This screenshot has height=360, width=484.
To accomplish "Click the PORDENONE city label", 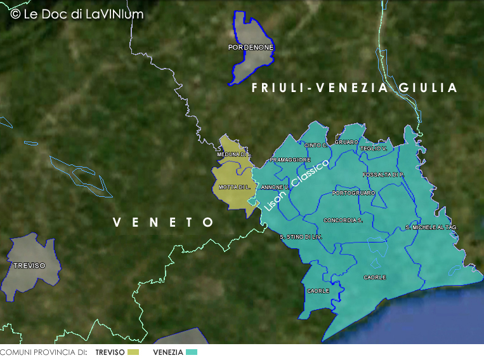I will pos(251,48).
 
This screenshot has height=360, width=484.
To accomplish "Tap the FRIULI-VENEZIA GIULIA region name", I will pos(354,88).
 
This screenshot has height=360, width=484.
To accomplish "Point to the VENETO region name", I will pos(164,222).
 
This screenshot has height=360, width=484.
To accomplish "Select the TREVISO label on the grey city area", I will pos(29,265).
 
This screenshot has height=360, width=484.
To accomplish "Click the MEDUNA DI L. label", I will pos(234,154).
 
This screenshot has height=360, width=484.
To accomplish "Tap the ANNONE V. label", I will pos(275,187).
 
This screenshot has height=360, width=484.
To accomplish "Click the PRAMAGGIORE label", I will pos(290,160).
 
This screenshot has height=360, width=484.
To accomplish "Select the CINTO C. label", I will pos(315,145).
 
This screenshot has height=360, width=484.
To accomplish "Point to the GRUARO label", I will pos(346,142).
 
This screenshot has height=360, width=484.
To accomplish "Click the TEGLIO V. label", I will pos(373,149).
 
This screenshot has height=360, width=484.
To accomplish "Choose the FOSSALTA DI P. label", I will pos(383,174).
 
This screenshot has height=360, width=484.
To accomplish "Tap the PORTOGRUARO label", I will pos(353,192).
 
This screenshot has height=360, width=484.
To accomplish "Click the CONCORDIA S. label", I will pos(343,220).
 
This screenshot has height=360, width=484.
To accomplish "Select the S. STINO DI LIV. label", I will pos(301,237).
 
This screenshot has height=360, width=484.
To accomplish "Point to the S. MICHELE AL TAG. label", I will pos(431,227).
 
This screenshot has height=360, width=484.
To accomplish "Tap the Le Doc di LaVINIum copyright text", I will pos(77,14).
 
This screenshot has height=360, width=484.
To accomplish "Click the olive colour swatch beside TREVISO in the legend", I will pos(133,352).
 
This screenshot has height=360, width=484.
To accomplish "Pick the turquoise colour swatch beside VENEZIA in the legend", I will pos(192,352).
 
